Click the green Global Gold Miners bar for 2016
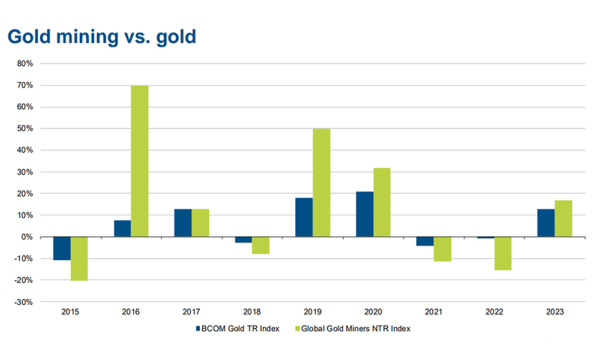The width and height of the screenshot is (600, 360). tap(140, 161)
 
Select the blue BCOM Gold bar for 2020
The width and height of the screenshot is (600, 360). tap(364, 214)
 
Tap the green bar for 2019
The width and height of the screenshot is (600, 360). tap(321, 183)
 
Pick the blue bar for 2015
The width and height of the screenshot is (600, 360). tap(62, 248)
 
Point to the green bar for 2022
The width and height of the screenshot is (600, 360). tap(503, 253)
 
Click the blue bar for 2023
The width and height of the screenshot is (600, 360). tap(546, 223)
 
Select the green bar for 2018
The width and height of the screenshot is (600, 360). tap(261, 245)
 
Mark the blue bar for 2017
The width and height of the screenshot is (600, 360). tap(183, 223)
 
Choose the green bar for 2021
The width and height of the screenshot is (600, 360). tap(442, 249)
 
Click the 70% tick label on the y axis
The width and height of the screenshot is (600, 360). tap(25, 85)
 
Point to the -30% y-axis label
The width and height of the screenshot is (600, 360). tap(23, 302)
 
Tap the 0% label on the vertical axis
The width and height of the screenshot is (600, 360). tap(27, 237)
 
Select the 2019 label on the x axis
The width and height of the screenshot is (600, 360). tap(313, 313)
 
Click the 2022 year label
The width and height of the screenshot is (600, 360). tap(494, 313)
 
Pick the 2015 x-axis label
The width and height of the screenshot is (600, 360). tap(71, 313)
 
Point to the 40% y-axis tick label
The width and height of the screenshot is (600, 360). tap(25, 150)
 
